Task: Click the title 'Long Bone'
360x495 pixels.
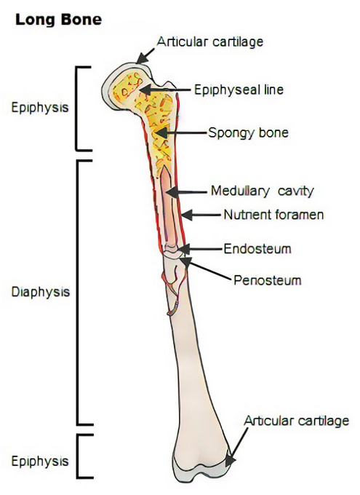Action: [59, 20]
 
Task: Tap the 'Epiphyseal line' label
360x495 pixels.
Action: [239, 90]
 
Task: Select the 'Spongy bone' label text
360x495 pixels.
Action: [248, 132]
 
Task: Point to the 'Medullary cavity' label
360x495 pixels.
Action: [263, 191]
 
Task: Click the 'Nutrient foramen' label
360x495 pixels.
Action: [274, 215]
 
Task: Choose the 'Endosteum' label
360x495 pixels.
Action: [257, 249]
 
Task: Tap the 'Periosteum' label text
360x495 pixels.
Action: [268, 280]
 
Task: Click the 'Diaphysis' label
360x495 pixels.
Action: [41, 292]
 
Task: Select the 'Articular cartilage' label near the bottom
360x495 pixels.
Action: [297, 421]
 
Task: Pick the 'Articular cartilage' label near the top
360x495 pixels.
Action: [210, 41]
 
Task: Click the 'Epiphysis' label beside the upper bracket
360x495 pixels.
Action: [40, 107]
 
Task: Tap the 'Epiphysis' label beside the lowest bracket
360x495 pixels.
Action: [40, 462]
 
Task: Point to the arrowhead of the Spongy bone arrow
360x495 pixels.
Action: [160, 133]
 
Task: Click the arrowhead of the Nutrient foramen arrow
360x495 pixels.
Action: [186, 215]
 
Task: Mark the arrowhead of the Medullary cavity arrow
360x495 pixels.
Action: [172, 191]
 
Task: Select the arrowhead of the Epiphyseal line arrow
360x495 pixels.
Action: [145, 90]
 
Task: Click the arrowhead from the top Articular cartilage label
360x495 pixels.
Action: [142, 58]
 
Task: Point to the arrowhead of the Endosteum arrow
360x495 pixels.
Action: [183, 249]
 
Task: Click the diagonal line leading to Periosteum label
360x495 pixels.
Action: [209, 269]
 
